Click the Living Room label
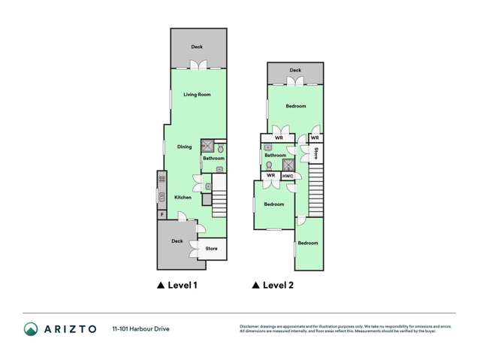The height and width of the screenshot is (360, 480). tap(198, 95)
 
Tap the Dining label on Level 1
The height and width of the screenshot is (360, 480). tap(184, 147)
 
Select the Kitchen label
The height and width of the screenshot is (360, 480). tap(183, 198)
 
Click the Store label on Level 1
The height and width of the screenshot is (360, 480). tap(212, 248)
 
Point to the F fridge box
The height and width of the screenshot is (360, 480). tap(161, 215)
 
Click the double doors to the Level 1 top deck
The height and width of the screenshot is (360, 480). tap(198, 66)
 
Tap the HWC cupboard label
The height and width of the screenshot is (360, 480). tap(288, 176)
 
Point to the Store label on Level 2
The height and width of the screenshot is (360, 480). tap(316, 153)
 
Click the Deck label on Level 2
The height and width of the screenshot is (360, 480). tap(295, 71)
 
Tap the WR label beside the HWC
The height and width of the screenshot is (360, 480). tap(270, 176)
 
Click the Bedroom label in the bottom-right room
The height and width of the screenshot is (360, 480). tap(308, 243)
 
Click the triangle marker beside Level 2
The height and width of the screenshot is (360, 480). tap(255, 286)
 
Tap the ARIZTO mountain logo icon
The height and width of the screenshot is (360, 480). tap(31, 328)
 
